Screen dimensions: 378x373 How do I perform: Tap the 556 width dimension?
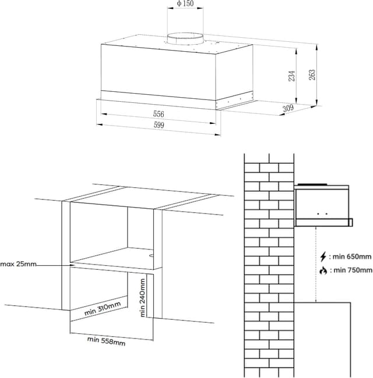pyautogui.click(x=159, y=114)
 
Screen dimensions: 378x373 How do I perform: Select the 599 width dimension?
pyautogui.click(x=159, y=126)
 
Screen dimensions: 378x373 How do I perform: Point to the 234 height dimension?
pyautogui.click(x=293, y=75)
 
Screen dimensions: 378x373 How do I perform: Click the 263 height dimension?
pyautogui.click(x=312, y=75)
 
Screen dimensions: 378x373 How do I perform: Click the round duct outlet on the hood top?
pyautogui.click(x=185, y=39)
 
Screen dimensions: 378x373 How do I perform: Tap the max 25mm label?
pyautogui.click(x=18, y=265)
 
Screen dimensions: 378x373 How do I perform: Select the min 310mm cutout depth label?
pyautogui.click(x=103, y=309)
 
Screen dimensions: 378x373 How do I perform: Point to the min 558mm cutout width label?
pyautogui.click(x=106, y=341)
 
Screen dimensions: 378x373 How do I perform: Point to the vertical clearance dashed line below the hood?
pyautogui.click(x=315, y=265)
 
